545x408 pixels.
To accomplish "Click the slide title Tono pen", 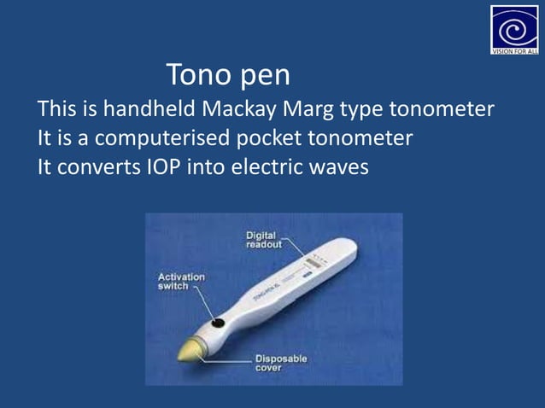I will tap(227, 75).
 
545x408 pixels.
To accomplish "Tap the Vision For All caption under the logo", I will tap(514, 50).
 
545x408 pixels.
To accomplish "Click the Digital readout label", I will tap(264, 240).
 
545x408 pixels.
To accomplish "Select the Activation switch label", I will tap(181, 282).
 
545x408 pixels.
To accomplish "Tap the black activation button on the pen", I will tap(219, 323).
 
